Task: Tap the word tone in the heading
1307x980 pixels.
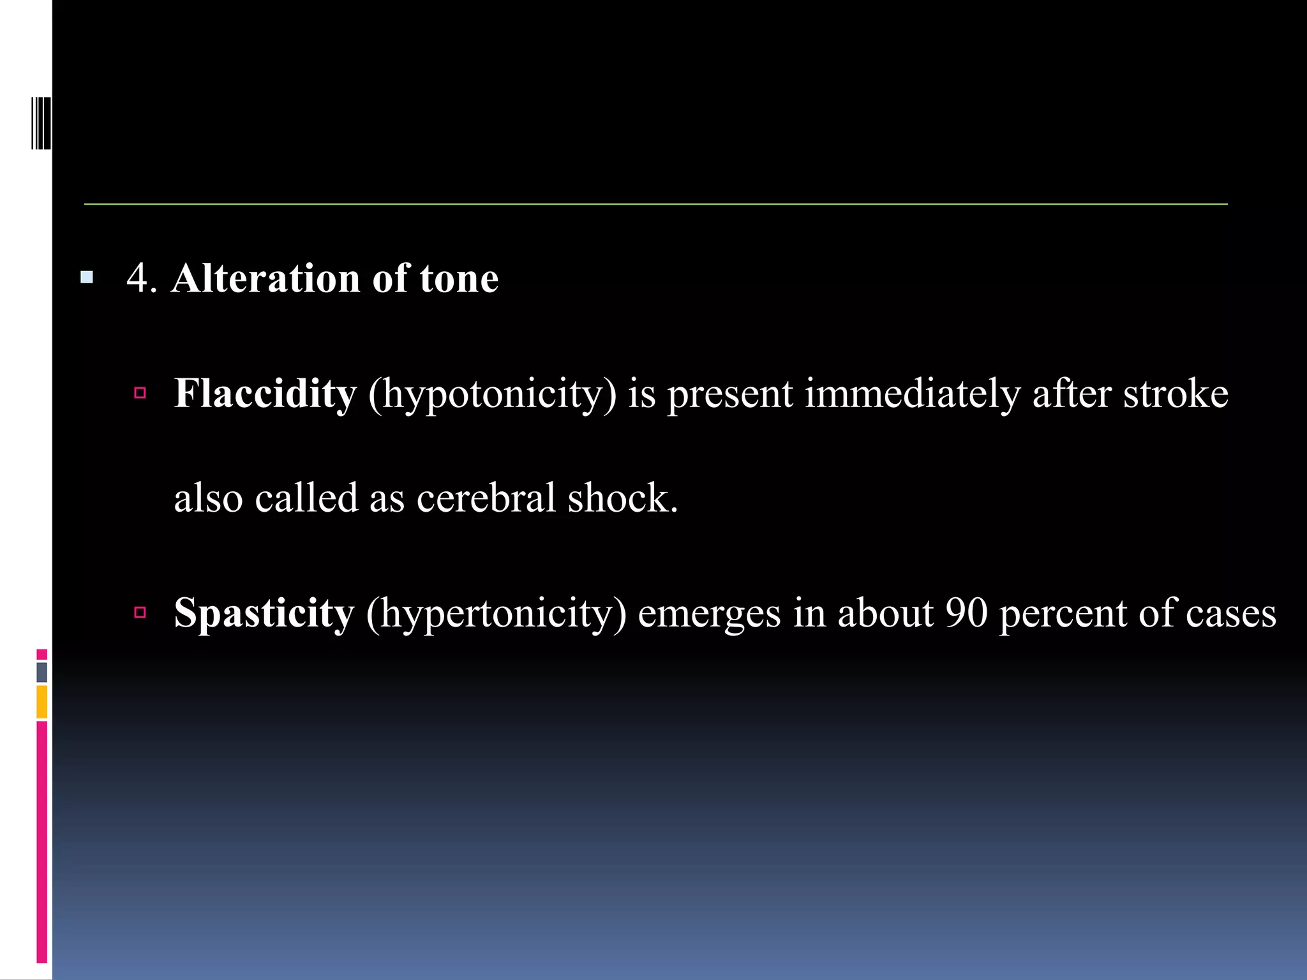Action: coord(459,279)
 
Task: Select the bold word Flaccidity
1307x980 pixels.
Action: coord(265,394)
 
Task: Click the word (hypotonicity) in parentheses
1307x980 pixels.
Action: coord(492,394)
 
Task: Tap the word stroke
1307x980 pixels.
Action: coord(1176,394)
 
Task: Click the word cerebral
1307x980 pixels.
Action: coord(486,498)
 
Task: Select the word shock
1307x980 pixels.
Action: coord(622,498)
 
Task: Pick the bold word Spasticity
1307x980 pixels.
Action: coord(264,613)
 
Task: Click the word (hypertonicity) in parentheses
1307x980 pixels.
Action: coord(496,613)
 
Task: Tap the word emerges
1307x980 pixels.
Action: coord(709,613)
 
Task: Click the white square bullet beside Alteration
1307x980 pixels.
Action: coord(87,278)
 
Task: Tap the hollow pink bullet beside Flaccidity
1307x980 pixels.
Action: coord(140,392)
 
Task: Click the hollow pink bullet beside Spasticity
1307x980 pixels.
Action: coord(140,612)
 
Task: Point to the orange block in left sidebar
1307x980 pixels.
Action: coord(42,701)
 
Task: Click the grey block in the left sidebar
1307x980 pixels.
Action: coord(42,672)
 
